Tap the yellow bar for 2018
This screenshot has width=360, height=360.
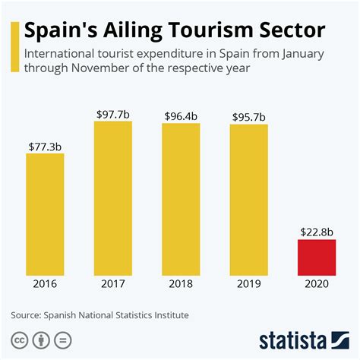(x=181, y=198)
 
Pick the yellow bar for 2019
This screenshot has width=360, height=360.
(x=249, y=199)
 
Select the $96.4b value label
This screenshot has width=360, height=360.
(x=181, y=115)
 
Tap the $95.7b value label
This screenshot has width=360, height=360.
(x=249, y=117)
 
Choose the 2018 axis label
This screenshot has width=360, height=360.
(x=181, y=284)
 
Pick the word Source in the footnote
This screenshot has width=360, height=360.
(x=27, y=314)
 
